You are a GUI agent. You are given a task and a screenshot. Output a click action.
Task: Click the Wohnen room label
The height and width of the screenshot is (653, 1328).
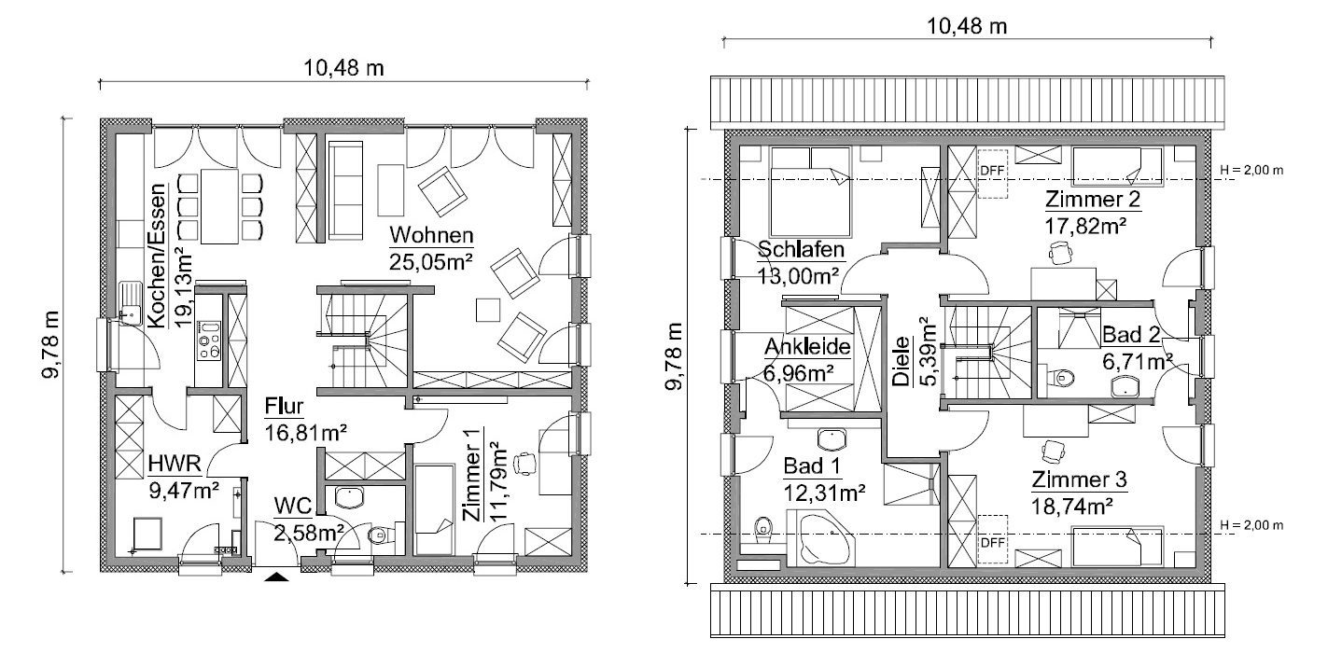(431, 235)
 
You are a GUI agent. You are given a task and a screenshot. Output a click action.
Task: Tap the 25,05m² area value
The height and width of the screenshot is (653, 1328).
(430, 261)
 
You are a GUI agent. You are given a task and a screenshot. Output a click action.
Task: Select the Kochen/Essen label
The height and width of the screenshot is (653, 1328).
(157, 256)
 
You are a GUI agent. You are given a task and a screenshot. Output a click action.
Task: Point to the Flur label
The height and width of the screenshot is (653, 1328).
(284, 407)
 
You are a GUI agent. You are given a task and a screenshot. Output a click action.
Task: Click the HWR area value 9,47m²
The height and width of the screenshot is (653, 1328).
(184, 490)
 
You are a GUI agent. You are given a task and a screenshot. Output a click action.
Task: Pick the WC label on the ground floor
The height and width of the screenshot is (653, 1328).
(292, 506)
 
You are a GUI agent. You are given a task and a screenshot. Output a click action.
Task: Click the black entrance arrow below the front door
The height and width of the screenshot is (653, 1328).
(276, 577)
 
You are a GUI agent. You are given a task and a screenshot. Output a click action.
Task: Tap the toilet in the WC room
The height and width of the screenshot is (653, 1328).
(381, 535)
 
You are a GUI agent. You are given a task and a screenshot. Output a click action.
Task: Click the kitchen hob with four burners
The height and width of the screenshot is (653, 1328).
(209, 340)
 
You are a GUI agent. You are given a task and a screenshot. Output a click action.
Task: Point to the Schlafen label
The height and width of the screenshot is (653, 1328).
(801, 249)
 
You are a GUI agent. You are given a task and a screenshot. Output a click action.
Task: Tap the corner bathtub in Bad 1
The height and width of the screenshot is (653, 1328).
(821, 538)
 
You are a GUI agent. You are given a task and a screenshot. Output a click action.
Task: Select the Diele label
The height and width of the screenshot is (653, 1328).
(901, 361)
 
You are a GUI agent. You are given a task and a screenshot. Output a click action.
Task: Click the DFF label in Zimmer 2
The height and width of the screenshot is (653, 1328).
(992, 171)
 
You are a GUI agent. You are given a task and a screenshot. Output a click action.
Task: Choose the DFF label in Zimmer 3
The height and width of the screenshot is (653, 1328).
(992, 542)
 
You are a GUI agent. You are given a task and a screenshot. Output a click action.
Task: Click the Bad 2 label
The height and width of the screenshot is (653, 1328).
(1130, 335)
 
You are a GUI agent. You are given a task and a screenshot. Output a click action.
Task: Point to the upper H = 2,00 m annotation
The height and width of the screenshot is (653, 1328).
(1251, 170)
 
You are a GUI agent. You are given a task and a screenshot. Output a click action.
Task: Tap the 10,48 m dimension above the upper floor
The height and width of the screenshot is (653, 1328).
(966, 26)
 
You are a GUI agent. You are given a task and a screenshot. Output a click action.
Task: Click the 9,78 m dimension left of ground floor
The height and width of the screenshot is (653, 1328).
(50, 343)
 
